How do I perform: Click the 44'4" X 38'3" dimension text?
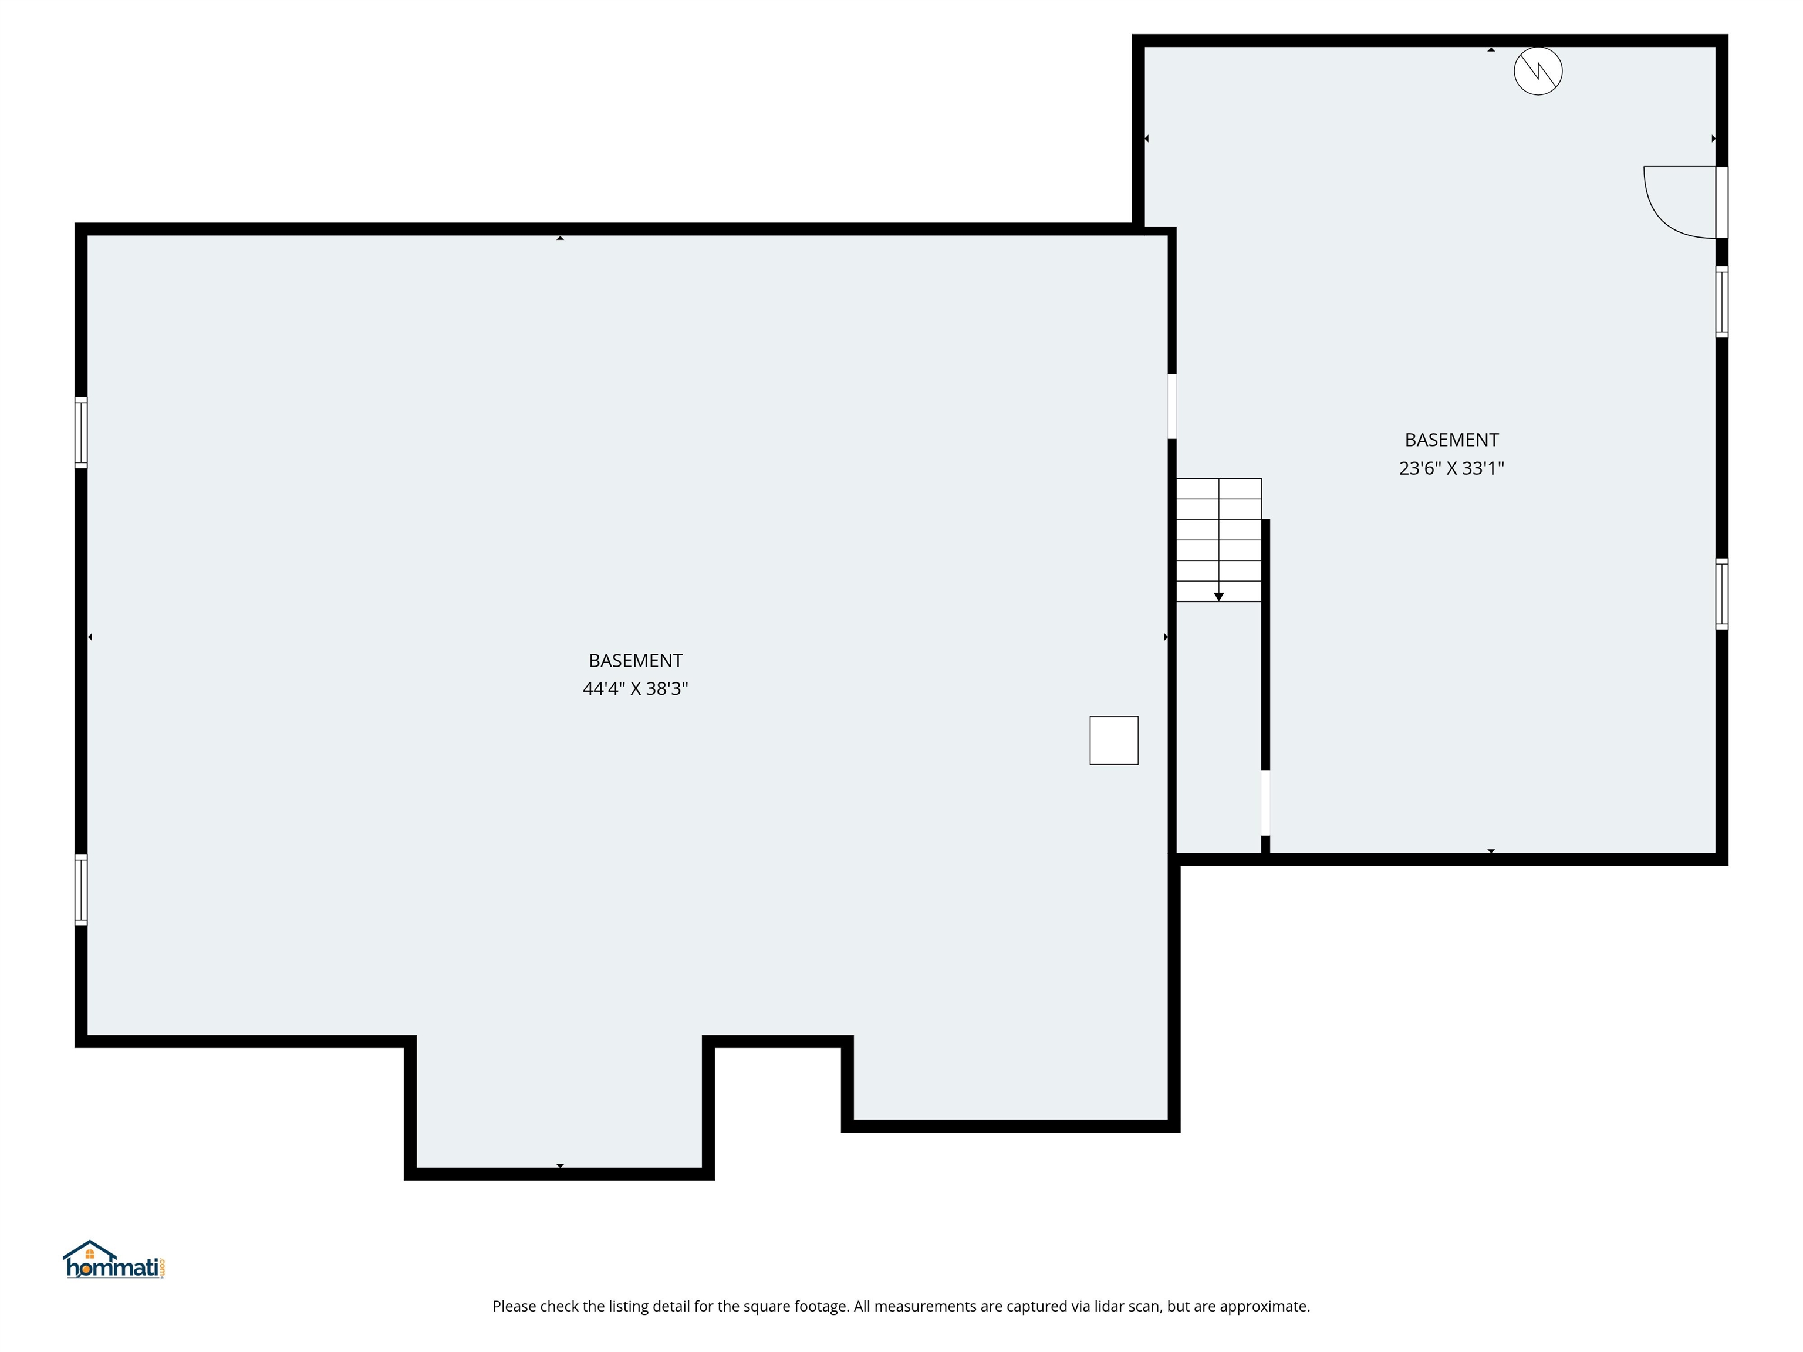pyautogui.click(x=635, y=689)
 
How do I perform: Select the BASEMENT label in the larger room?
pyautogui.click(x=635, y=660)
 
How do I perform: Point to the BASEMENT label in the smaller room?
pyautogui.click(x=1451, y=440)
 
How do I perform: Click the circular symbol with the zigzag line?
pyautogui.click(x=1537, y=72)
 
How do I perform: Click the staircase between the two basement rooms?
pyautogui.click(x=1218, y=539)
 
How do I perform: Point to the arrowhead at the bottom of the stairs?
pyautogui.click(x=1218, y=597)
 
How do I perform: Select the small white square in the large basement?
pyautogui.click(x=1113, y=740)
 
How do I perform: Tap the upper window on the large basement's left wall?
pyautogui.click(x=80, y=432)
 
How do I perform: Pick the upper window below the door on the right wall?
pyautogui.click(x=1721, y=302)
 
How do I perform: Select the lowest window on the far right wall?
pyautogui.click(x=1721, y=593)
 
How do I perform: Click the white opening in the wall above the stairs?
pyautogui.click(x=1172, y=406)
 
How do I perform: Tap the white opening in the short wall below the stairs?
pyautogui.click(x=1265, y=802)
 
